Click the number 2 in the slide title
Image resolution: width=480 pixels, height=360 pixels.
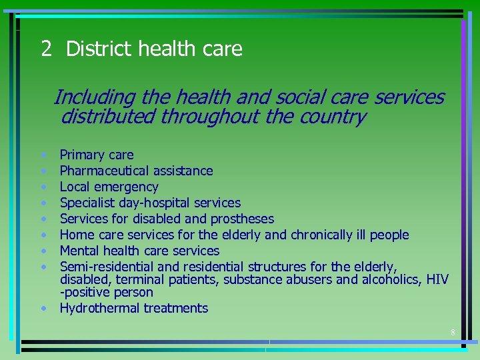(46, 49)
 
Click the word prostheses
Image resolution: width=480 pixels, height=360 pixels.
(242, 219)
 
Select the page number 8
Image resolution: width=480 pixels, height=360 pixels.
(453, 333)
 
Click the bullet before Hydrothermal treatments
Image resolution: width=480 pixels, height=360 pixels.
(43, 309)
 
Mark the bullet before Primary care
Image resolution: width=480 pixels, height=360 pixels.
(43, 155)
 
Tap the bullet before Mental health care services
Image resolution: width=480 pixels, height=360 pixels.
(43, 251)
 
